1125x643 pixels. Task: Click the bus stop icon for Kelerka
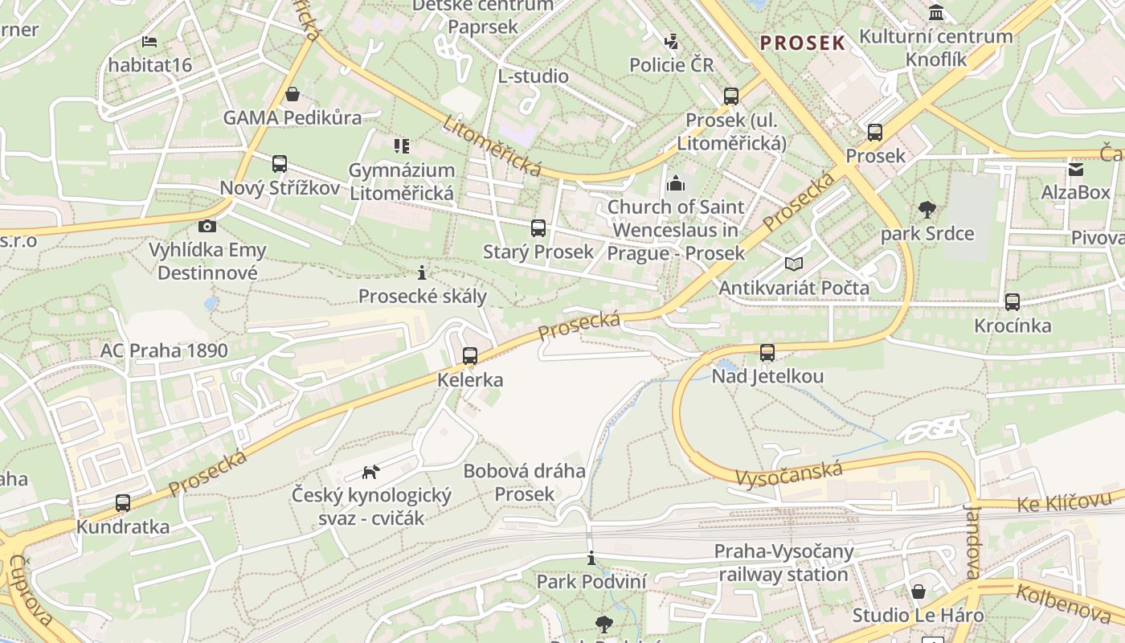point(470,355)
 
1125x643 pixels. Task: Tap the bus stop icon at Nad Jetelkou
point(767,352)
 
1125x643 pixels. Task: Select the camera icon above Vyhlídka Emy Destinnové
point(207,226)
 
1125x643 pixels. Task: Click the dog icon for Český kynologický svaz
point(370,471)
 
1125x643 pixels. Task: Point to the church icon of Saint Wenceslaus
point(676,183)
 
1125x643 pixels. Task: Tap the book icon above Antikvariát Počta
point(794,264)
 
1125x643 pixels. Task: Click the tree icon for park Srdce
point(927,210)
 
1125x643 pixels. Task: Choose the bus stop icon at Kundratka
point(123,503)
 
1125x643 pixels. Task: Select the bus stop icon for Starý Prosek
point(538,228)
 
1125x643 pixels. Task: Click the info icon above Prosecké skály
point(422,272)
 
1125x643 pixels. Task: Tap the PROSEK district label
point(803,43)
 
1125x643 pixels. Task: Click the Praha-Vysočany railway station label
point(783,563)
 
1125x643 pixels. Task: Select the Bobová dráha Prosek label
point(524,482)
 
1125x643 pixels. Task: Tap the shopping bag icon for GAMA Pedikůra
point(292,94)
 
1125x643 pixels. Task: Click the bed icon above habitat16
point(149,41)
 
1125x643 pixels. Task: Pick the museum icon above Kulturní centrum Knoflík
point(936,13)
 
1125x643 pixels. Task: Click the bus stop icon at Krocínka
point(1012,302)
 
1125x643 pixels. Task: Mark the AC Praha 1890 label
point(164,350)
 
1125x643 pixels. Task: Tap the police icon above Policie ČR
point(671,41)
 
